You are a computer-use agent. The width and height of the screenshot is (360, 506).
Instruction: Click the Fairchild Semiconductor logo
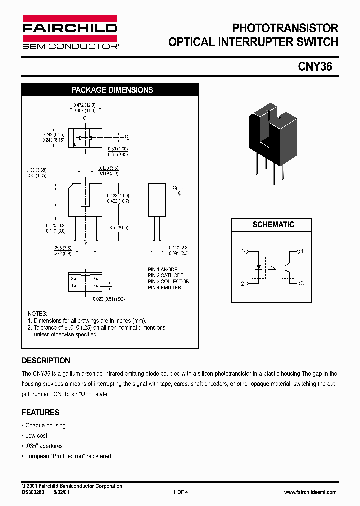tap(69, 32)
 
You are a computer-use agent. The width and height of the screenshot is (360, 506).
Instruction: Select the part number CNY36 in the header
tap(315, 66)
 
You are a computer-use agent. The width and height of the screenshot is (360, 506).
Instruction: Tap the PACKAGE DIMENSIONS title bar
tap(112, 90)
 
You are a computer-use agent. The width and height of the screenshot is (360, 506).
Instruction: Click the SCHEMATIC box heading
tap(273, 225)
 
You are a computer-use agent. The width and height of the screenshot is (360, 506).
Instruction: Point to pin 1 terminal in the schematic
tap(246, 251)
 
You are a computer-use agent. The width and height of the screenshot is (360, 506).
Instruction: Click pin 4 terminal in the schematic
tap(299, 251)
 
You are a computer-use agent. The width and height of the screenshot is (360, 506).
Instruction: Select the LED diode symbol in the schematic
tap(258, 267)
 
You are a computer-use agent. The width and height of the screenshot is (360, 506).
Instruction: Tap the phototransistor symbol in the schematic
tap(287, 267)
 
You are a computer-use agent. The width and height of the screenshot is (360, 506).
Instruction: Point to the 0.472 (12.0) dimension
tap(84, 105)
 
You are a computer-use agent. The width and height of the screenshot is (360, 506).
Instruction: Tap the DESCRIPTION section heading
tap(46, 361)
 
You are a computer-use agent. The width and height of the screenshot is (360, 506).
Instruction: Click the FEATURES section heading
tap(40, 413)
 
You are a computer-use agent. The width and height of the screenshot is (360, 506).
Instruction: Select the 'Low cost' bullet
tap(36, 436)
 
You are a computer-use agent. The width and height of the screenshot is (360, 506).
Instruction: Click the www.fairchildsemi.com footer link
tap(310, 492)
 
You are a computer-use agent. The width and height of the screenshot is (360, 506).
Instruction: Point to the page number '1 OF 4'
tap(180, 492)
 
